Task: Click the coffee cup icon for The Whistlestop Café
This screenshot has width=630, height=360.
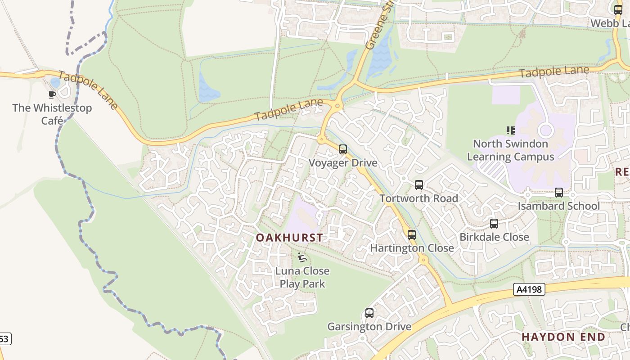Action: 52,94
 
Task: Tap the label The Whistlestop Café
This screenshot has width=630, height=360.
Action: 52,114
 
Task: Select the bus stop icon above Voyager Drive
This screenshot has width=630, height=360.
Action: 343,149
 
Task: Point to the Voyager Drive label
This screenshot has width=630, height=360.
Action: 343,163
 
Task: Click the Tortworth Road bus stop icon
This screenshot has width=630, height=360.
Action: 419,185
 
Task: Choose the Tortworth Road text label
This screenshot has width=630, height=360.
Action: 419,198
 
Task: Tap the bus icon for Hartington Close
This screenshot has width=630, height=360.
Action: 412,234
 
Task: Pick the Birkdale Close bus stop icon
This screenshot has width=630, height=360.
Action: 494,224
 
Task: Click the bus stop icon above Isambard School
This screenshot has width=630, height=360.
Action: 559,193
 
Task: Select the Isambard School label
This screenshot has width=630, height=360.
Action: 559,206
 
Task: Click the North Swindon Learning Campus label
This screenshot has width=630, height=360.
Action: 511,150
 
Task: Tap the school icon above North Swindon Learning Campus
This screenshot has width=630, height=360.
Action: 511,130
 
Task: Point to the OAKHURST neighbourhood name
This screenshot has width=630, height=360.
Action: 289,238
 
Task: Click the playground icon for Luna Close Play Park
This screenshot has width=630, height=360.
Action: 302,258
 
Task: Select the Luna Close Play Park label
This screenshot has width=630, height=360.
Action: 302,277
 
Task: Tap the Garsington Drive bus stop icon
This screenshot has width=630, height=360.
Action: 369,313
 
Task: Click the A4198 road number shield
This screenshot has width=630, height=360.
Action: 529,289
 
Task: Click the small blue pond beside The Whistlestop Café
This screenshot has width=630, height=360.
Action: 55,82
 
